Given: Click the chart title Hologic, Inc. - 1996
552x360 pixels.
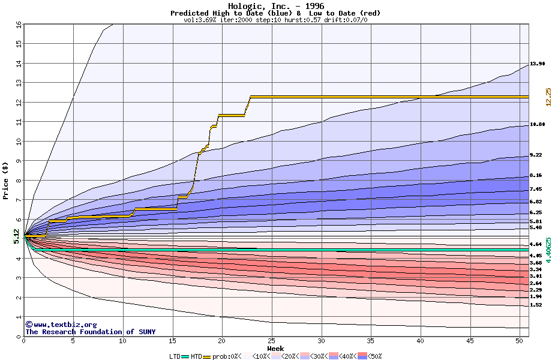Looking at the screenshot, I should [275, 6].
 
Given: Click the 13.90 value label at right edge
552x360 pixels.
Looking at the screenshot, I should [537, 64].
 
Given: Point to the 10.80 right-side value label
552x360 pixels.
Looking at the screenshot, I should [537, 124].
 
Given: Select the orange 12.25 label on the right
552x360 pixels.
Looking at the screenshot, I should [548, 97].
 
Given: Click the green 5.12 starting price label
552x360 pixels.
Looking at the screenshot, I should [16, 237].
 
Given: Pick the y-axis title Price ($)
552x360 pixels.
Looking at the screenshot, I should [6, 181].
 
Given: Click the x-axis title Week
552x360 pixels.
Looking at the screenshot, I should [275, 348].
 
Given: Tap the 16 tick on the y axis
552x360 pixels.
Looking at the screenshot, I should [18, 25].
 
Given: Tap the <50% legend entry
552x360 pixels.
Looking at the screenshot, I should [373, 356].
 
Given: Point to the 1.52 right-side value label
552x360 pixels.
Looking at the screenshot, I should [536, 305].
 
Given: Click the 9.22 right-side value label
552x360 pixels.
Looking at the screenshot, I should [537, 155].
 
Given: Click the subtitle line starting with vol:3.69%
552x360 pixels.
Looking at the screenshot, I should [275, 20].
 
